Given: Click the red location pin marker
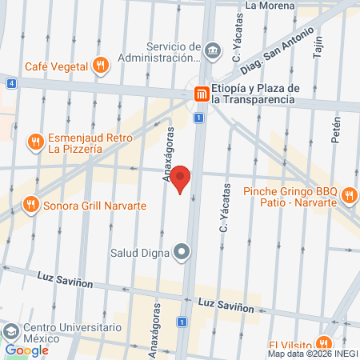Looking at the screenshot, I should pyautogui.click(x=182, y=178).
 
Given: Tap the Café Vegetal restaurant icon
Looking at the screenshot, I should pyautogui.click(x=99, y=65).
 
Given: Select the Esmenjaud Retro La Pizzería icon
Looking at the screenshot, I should pyautogui.click(x=35, y=142).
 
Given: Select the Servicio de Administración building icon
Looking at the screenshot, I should pyautogui.click(x=213, y=50).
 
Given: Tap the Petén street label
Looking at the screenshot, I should pyautogui.click(x=336, y=128).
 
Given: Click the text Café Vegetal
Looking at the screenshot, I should pyautogui.click(x=56, y=66).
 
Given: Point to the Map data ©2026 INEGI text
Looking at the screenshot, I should pyautogui.click(x=313, y=354).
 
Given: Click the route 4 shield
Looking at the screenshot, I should pyautogui.click(x=11, y=82).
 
